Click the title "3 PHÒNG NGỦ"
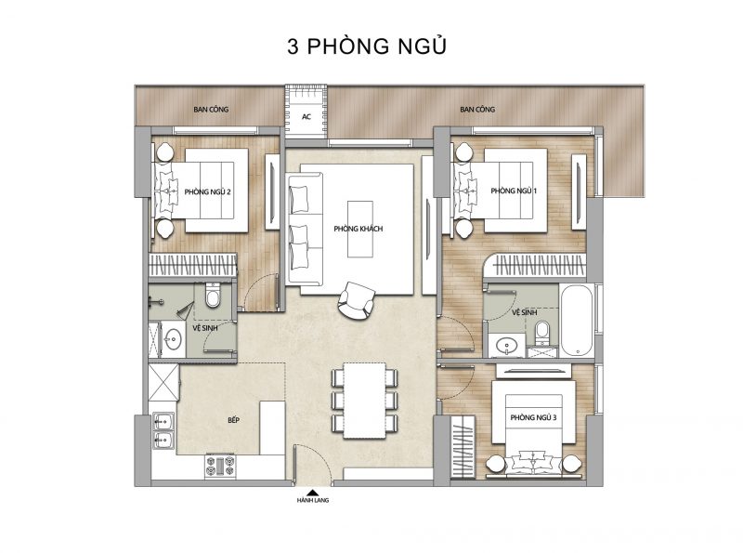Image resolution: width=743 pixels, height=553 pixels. click(367, 46)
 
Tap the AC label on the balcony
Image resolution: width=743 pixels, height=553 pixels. click(306, 117)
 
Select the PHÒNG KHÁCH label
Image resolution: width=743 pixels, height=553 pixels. click(358, 229)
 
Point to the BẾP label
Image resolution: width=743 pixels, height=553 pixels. click(233, 420)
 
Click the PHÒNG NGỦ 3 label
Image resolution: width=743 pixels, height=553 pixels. click(533, 417)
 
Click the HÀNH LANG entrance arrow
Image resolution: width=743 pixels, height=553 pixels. click(312, 493)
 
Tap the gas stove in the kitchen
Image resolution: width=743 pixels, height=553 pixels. click(220, 466)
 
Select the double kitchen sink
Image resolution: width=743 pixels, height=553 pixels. click(163, 430)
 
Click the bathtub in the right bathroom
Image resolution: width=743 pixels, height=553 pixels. click(576, 321)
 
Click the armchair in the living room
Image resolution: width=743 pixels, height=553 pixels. click(356, 301)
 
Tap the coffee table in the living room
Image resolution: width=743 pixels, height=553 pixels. click(360, 229)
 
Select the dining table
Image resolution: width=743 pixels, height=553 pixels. click(364, 401)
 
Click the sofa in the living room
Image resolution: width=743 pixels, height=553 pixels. click(305, 229)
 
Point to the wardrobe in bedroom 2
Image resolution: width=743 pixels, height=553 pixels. click(193, 265)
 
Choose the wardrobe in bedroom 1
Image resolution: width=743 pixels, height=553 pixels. click(538, 266)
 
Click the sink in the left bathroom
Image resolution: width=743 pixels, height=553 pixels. click(173, 339)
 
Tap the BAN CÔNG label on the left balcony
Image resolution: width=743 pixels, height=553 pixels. click(211, 109)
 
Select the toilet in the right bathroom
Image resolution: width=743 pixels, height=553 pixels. click(541, 332)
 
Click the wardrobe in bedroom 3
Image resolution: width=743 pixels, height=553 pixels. click(463, 446)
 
